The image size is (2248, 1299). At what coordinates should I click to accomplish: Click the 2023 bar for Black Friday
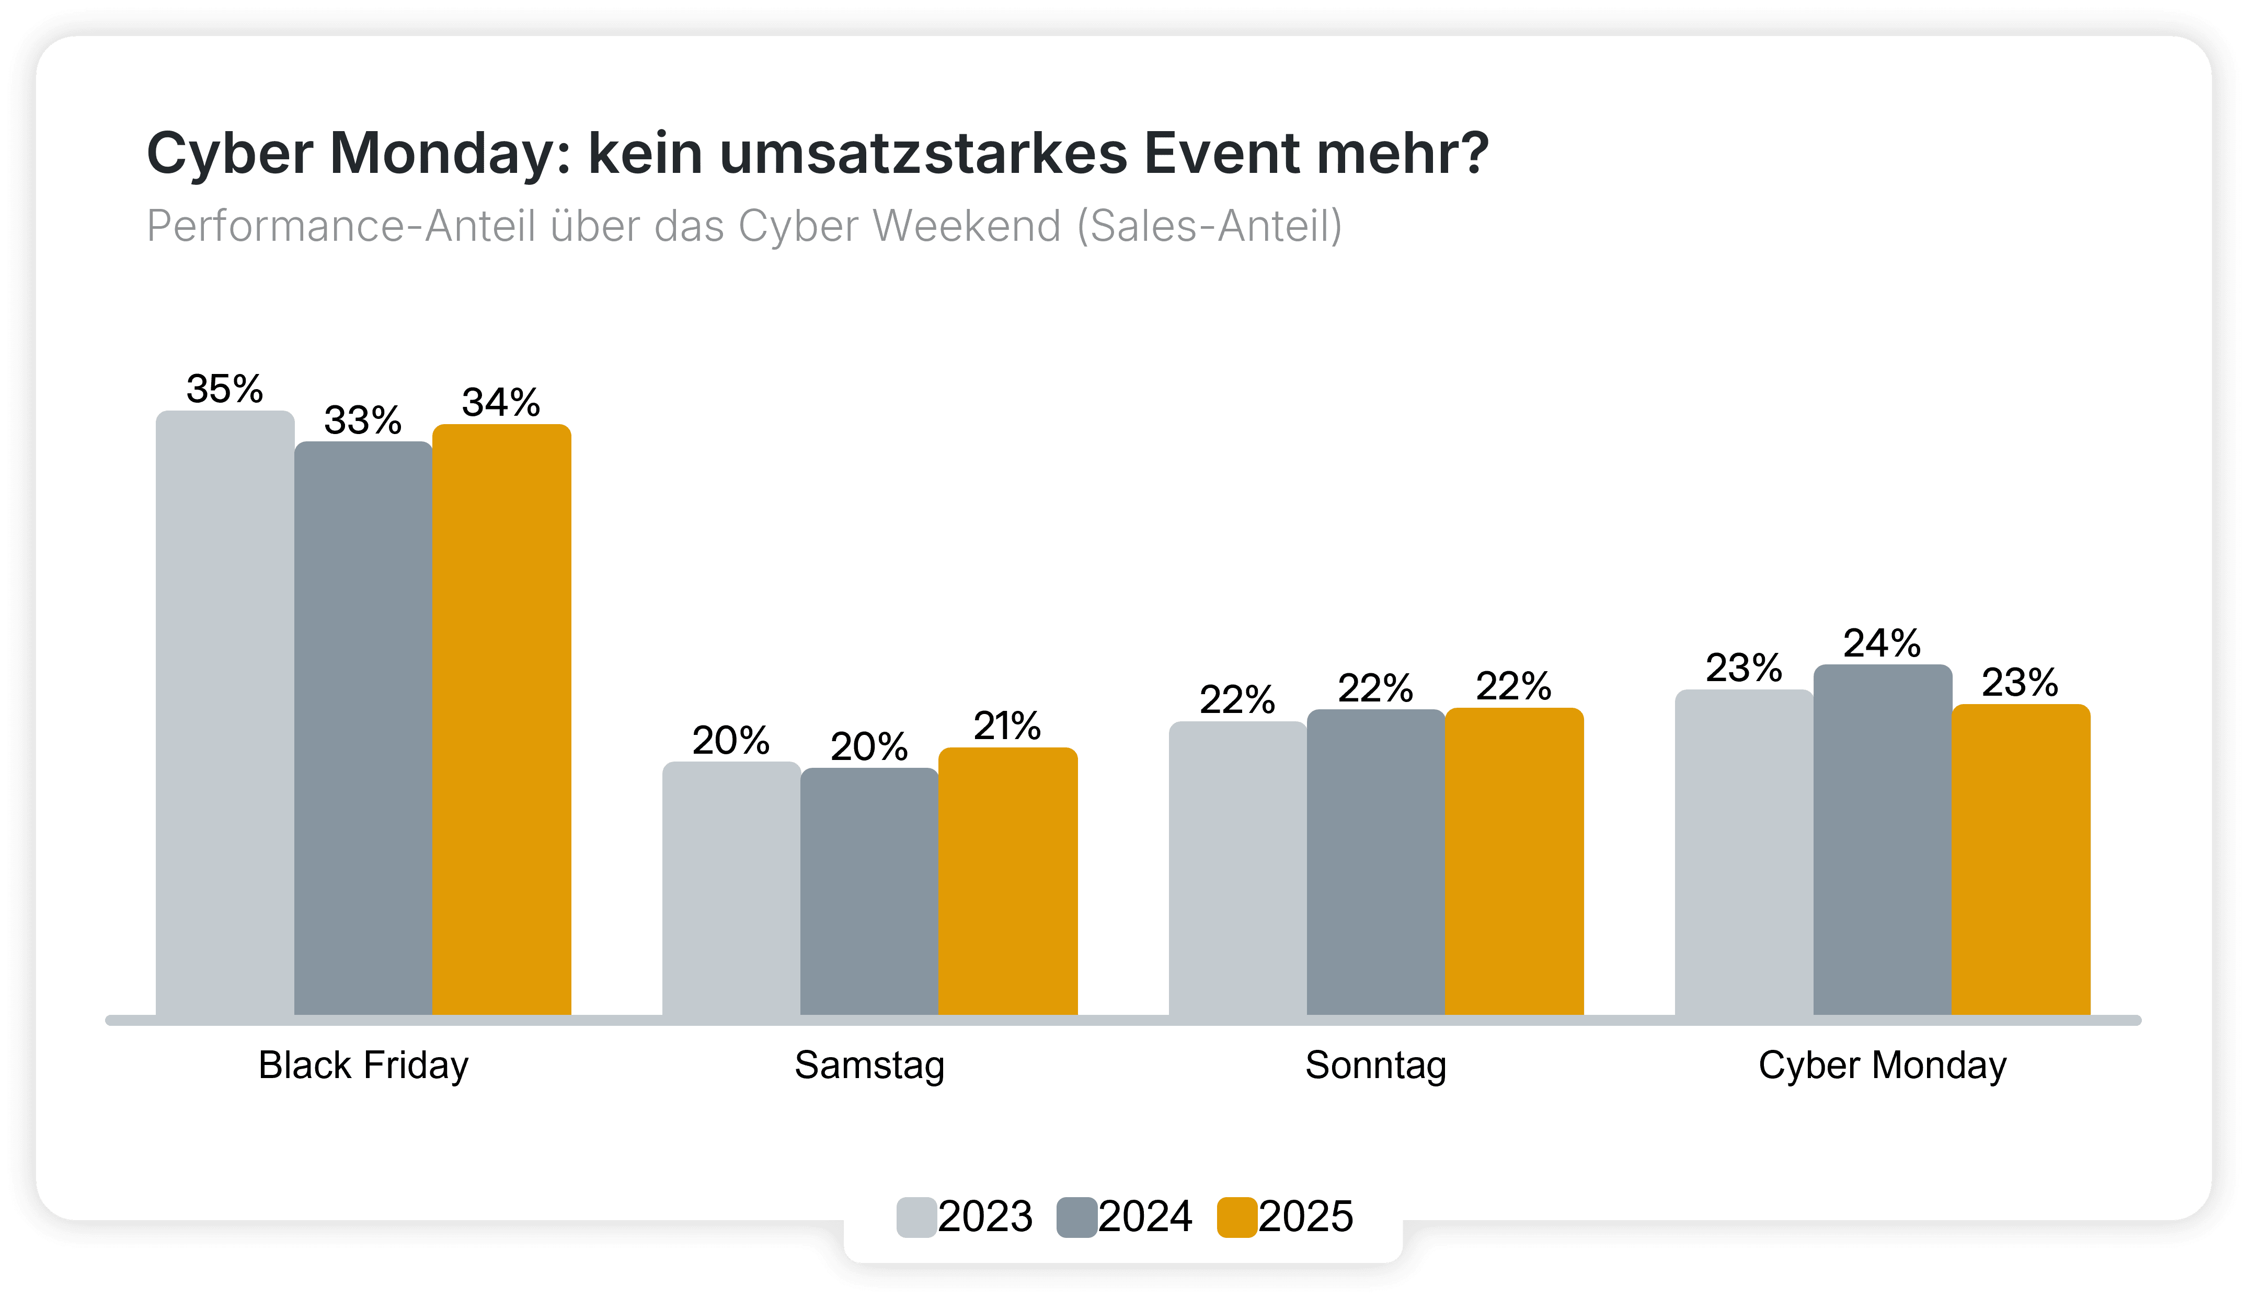[225, 713]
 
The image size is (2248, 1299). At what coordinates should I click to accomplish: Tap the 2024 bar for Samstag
[869, 892]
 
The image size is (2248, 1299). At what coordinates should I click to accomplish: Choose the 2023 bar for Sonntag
[1237, 869]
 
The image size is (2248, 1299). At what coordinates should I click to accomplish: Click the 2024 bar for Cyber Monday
[1882, 840]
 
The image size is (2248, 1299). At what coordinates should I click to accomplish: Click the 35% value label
[225, 390]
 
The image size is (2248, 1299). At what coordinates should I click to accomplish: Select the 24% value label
[1882, 643]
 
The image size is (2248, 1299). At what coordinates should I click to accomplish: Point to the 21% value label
[1007, 727]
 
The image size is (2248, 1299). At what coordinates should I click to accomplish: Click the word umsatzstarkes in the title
[923, 154]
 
